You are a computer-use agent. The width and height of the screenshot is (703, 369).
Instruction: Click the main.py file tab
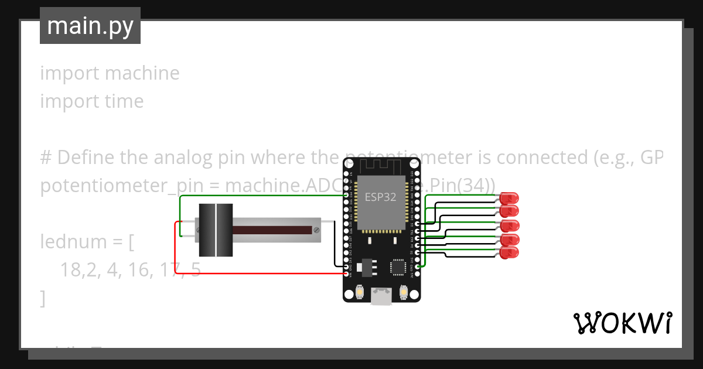point(90,26)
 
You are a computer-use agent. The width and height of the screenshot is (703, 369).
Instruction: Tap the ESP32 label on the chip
point(380,197)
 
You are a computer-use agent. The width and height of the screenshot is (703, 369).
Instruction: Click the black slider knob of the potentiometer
point(216,230)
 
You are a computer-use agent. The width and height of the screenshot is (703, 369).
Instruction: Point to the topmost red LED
point(510,197)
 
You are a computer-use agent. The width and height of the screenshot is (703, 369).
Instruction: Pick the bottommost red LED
point(510,253)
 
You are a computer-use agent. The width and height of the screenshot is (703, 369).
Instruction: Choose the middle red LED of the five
point(510,225)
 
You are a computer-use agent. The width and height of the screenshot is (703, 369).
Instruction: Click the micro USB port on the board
point(381,298)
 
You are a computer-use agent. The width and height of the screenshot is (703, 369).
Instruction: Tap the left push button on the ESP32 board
point(360,292)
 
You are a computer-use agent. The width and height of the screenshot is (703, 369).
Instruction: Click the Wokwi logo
point(622,323)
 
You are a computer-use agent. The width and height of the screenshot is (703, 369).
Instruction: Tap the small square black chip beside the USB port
point(398,268)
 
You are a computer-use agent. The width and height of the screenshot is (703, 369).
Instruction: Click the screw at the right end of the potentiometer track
point(316,229)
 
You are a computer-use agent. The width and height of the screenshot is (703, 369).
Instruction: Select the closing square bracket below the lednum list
point(43,298)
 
